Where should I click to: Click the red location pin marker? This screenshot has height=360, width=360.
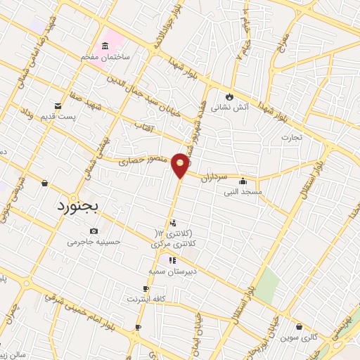181,165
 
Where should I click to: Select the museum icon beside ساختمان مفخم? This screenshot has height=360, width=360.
105,46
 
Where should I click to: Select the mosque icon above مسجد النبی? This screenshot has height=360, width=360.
243,181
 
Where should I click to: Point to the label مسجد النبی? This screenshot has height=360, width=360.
243,191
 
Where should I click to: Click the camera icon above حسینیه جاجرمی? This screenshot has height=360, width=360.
94,231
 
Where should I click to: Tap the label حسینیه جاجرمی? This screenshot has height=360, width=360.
94,242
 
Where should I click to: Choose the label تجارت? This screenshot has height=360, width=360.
291,138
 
